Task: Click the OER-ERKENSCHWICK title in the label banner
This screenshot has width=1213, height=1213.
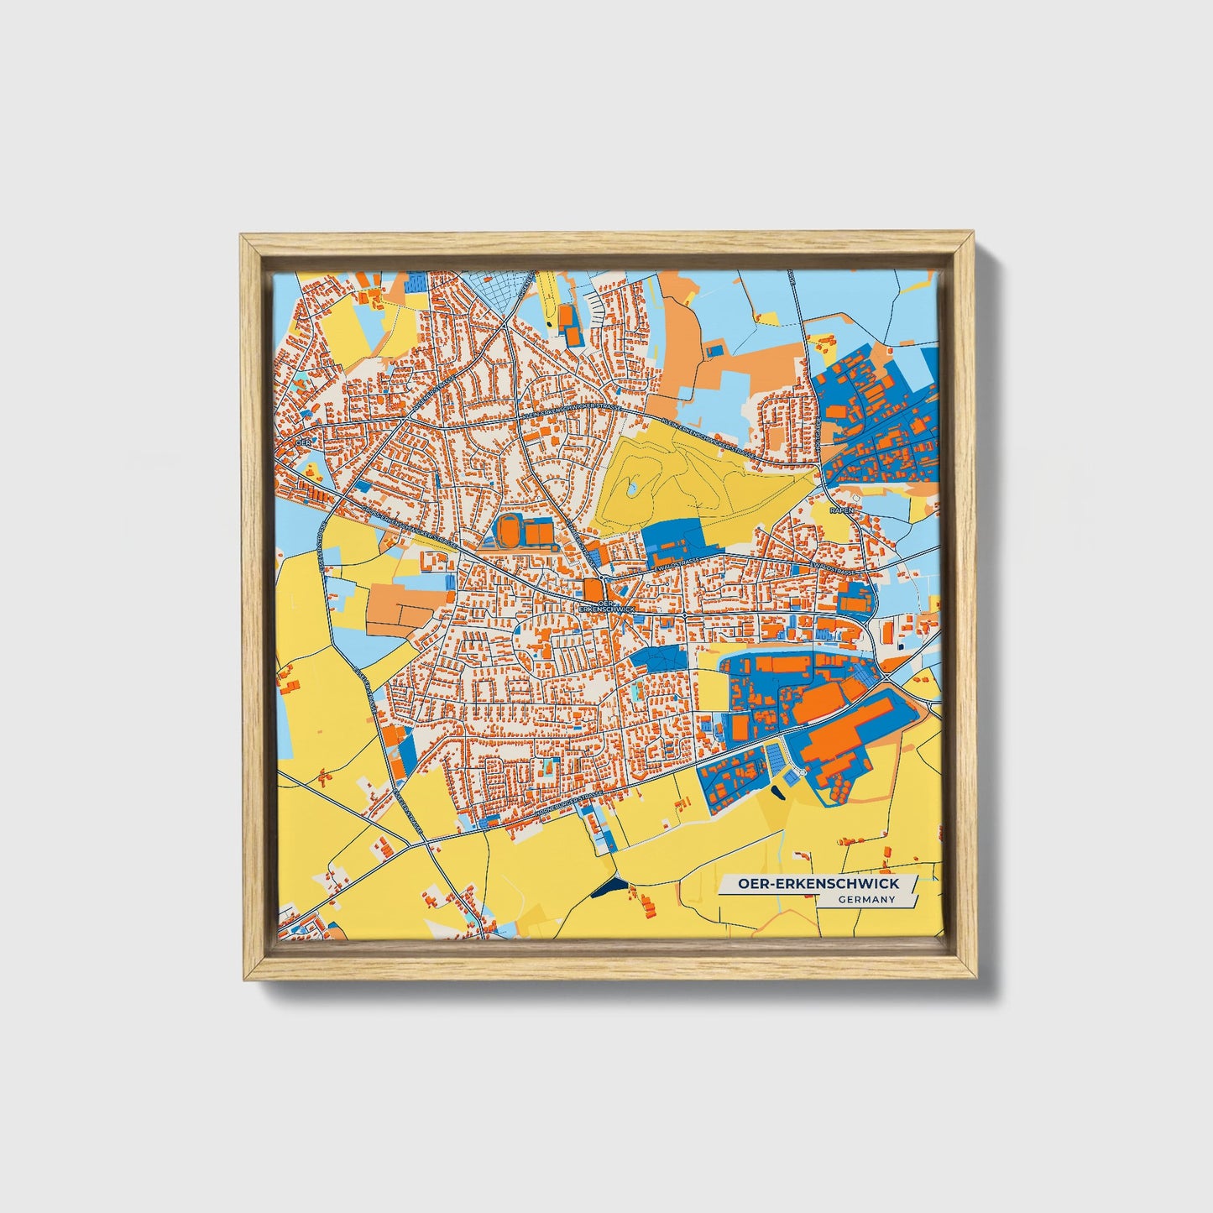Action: [x=818, y=883]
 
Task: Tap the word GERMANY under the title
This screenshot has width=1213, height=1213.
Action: [x=867, y=900]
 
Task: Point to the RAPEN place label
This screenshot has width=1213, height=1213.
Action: [x=841, y=510]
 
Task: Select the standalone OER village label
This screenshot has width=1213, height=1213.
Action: [x=304, y=440]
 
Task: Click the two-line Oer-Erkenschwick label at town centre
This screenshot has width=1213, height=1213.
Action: [x=601, y=604]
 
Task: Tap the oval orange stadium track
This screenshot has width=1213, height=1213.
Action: [x=508, y=531]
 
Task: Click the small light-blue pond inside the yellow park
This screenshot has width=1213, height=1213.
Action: [x=630, y=487]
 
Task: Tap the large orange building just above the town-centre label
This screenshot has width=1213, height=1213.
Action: [x=593, y=588]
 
